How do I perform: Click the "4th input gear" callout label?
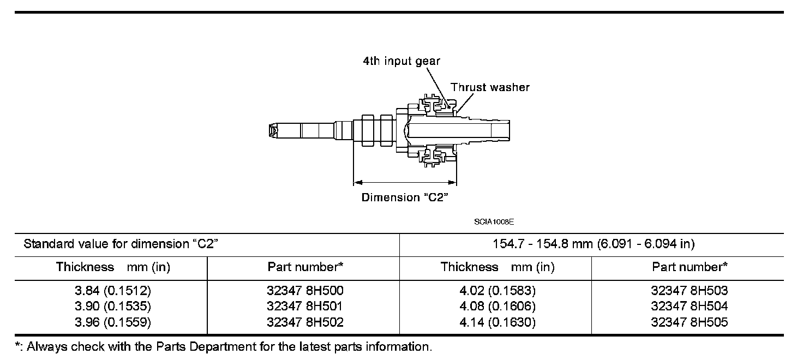click(x=401, y=61)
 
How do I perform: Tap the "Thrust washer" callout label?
click(x=490, y=87)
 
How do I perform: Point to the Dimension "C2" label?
click(x=405, y=197)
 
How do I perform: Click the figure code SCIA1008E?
click(x=494, y=222)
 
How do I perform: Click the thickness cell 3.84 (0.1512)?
click(x=113, y=291)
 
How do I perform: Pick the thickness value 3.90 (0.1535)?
click(x=113, y=307)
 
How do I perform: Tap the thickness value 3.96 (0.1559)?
click(x=113, y=322)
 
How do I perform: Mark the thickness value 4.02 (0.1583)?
click(x=498, y=291)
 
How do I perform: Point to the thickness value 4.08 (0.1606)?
click(x=498, y=307)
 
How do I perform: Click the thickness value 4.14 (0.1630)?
click(x=498, y=322)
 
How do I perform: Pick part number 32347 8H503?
click(x=690, y=291)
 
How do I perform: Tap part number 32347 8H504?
click(x=690, y=307)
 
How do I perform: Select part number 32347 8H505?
click(x=690, y=322)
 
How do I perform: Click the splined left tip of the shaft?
click(x=274, y=131)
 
